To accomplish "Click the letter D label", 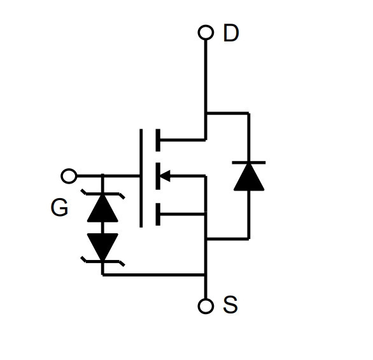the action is coord(231,33).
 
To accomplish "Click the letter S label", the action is coord(230,305).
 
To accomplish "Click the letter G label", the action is coord(59,207).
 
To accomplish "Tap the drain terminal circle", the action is coord(206,32).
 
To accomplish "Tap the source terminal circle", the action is coord(206,306).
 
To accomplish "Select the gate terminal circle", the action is coord(69,176).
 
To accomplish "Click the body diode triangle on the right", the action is coord(249,177).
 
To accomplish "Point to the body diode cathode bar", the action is coord(249,162).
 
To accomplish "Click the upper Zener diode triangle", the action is coord(102,208).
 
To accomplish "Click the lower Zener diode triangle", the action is coord(102,247).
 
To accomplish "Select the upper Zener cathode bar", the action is coord(102,194).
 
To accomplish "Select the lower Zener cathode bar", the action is coord(102,261).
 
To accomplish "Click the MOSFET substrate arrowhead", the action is coord(165,176).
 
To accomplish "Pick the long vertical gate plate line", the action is coord(141,178).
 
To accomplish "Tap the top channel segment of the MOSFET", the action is coord(158,140).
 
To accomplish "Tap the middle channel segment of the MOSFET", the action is coord(158,176).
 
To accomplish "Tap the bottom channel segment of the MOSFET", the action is coord(158,214).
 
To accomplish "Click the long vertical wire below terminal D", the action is coord(206,90).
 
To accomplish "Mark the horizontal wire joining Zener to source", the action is coord(154,275).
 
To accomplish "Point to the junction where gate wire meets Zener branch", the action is coord(102,176).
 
